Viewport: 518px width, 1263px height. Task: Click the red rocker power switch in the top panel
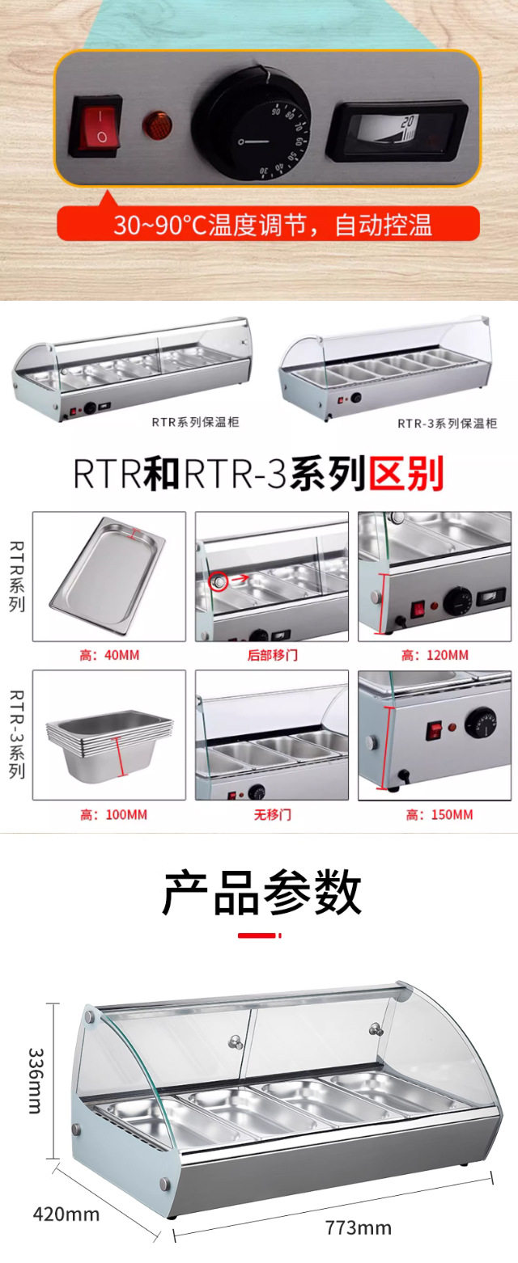point(96,126)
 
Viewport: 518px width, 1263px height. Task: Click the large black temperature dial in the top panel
point(251,123)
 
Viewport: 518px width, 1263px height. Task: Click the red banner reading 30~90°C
point(269,224)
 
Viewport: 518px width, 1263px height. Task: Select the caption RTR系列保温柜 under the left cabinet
point(195,422)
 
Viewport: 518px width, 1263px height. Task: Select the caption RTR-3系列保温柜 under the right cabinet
point(447,424)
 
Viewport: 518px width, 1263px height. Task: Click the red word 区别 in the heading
point(406,474)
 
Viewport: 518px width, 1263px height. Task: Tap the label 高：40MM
point(109,655)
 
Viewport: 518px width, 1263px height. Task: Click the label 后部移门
point(272,655)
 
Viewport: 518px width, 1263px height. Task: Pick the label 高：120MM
point(435,655)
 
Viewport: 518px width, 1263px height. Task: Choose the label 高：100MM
point(113,815)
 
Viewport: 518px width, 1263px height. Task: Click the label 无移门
point(272,815)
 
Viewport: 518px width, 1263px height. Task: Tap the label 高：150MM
point(439,815)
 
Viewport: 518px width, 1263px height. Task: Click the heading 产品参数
point(261,893)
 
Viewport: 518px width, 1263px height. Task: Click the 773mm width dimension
point(358,1228)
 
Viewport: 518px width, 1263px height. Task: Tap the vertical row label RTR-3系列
point(17,734)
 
